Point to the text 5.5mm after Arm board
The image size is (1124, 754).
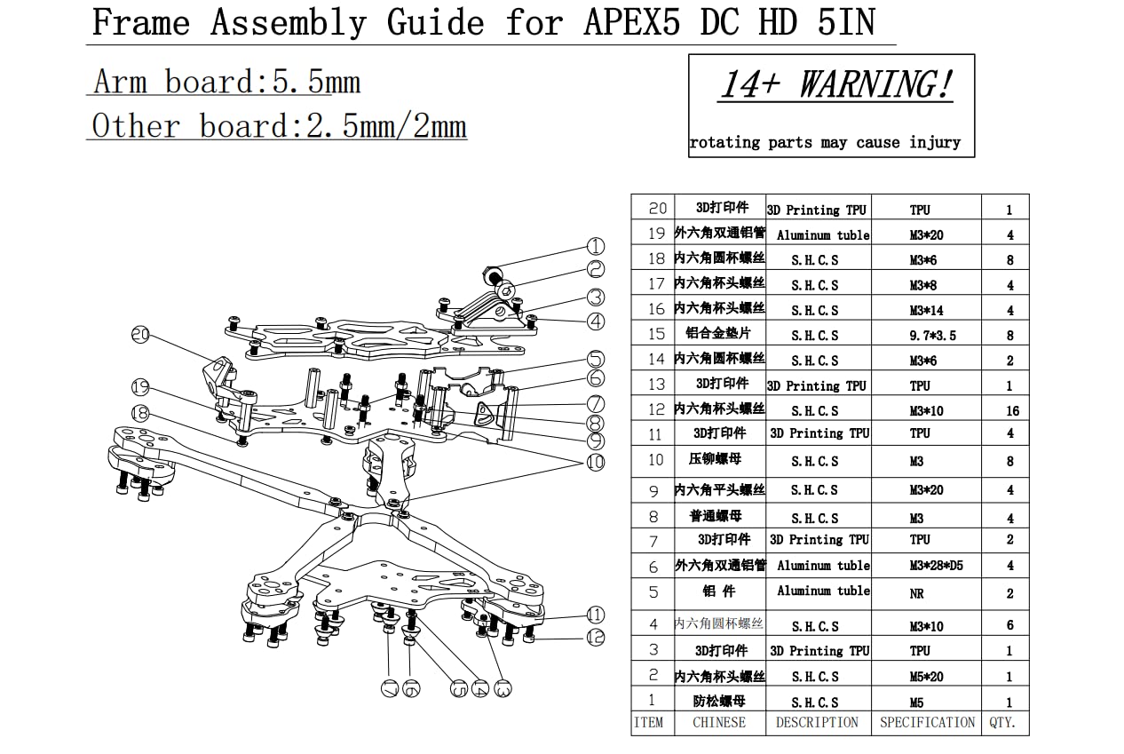(x=316, y=83)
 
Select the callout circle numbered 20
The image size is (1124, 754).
(x=140, y=336)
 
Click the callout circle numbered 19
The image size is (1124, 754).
(x=140, y=387)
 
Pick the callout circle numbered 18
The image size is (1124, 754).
(x=140, y=414)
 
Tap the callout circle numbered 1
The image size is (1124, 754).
(x=596, y=247)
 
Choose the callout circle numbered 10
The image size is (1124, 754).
(x=596, y=462)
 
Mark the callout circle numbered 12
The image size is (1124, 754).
(x=596, y=637)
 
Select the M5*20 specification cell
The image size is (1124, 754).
(x=926, y=677)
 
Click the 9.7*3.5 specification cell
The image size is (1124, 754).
(x=926, y=336)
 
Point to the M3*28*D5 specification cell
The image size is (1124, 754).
(x=926, y=566)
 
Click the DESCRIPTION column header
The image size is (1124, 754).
(x=817, y=723)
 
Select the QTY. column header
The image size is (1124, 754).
(x=1003, y=723)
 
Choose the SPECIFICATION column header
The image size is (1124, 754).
(x=927, y=723)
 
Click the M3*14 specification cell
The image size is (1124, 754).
(x=926, y=310)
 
